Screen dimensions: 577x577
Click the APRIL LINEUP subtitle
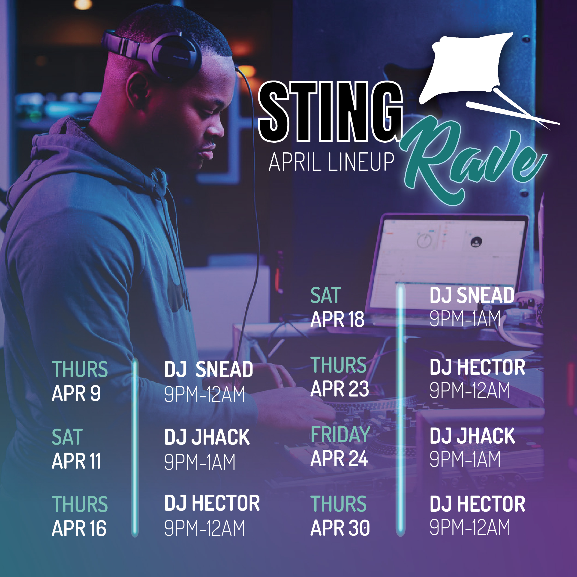(331, 162)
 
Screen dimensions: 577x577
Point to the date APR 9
(76, 393)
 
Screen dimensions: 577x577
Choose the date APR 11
(76, 461)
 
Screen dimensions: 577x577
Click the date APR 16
(79, 528)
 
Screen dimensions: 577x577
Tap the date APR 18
(337, 319)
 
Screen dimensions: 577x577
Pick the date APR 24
(339, 458)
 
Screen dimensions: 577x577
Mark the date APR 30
(340, 528)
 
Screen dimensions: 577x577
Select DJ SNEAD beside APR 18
(472, 295)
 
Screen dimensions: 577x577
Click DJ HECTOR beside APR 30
(477, 504)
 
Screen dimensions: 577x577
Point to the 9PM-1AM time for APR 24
(465, 459)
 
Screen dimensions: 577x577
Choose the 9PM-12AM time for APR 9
(204, 394)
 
